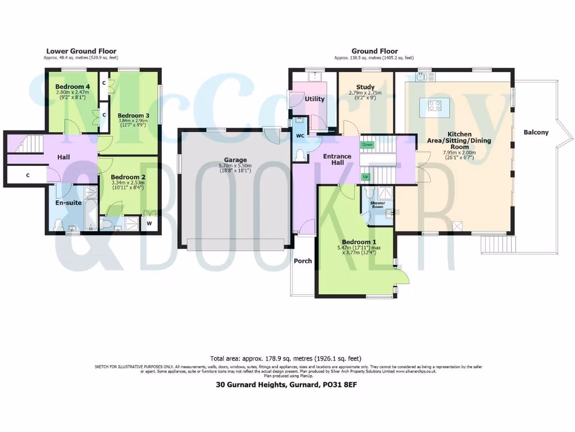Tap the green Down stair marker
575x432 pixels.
click(367, 145)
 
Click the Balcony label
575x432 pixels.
click(536, 133)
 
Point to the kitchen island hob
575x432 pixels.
click(434, 105)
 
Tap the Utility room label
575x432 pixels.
click(314, 99)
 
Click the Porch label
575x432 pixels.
click(303, 260)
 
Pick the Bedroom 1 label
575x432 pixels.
click(357, 242)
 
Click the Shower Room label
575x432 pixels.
click(377, 206)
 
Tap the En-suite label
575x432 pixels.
click(67, 202)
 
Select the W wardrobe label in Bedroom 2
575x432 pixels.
click(149, 223)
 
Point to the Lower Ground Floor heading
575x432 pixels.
click(81, 51)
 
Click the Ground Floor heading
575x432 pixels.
click(375, 51)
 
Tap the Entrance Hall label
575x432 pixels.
click(337, 159)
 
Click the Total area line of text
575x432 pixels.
click(286, 358)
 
